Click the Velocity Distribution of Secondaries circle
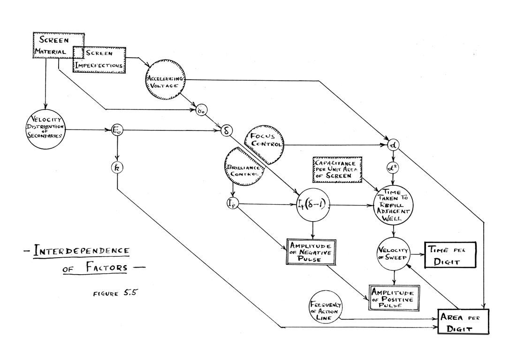tap(46, 128)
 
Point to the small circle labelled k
tap(117, 167)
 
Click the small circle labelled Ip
tap(232, 204)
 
